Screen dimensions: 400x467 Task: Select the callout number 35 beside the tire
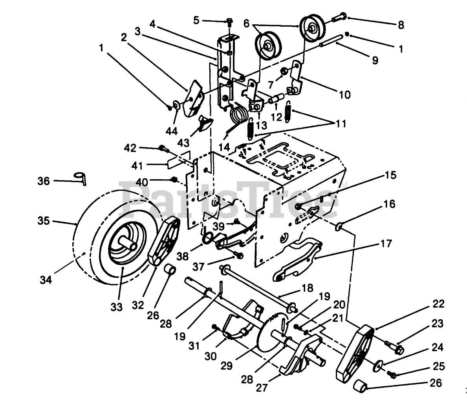point(44,221)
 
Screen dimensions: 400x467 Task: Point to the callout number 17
point(386,244)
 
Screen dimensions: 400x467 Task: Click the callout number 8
point(400,25)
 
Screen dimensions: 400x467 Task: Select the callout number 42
point(130,148)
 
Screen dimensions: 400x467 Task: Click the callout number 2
point(124,37)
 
